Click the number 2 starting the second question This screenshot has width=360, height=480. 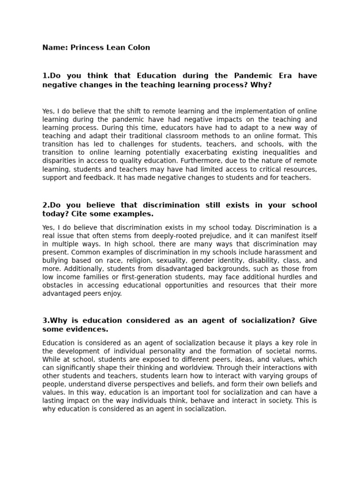[x=45, y=205]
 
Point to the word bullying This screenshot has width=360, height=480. [x=56, y=261]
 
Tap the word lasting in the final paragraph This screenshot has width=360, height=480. [x=53, y=400]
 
